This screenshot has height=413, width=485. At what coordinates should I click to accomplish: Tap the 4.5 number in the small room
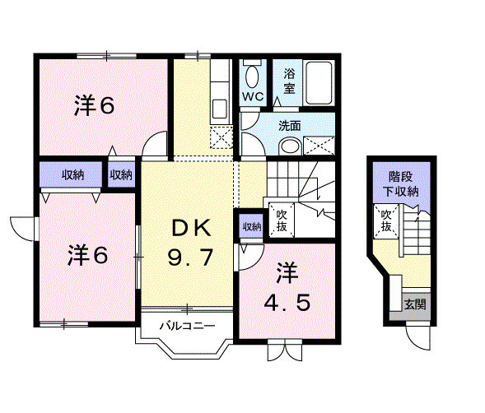coord(287,303)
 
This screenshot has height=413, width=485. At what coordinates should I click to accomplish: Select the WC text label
coord(252,96)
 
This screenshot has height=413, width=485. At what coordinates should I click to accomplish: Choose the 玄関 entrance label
coord(414,304)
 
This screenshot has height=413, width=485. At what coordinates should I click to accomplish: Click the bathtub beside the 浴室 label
coord(319,82)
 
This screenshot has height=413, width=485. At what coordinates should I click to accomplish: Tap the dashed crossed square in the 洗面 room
coord(319,146)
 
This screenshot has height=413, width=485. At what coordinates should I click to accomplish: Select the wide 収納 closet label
coord(72,174)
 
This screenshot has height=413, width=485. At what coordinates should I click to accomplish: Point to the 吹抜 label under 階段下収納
coord(385,220)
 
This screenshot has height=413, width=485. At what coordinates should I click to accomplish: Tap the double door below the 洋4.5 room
coord(280,351)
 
